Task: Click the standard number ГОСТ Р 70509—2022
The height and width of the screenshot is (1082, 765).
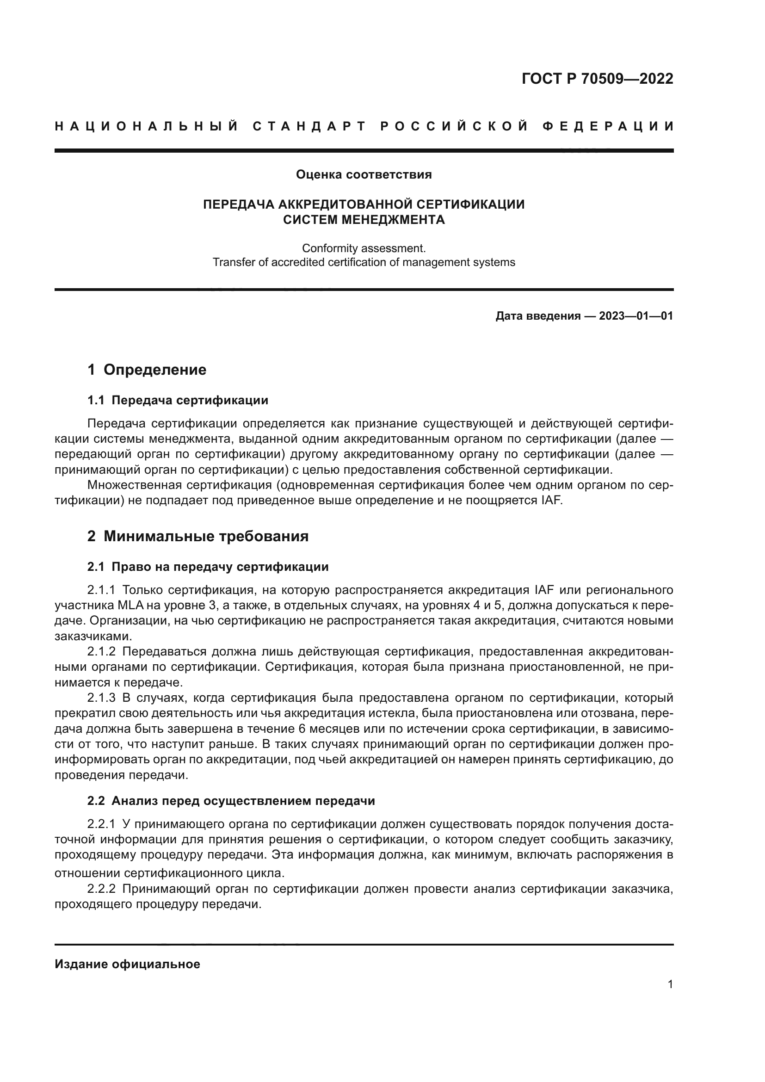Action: point(597,79)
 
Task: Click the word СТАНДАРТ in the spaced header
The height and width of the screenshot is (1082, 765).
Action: point(309,126)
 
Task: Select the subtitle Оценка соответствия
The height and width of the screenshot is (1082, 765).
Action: point(363,175)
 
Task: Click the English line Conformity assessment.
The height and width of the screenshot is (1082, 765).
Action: point(363,248)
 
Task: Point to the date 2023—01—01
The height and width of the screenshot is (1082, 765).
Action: point(635,316)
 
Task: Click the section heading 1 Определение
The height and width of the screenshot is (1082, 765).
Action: point(147,370)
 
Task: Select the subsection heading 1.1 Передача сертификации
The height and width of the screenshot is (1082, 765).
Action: point(178,401)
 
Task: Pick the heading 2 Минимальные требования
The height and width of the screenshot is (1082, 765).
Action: point(198,536)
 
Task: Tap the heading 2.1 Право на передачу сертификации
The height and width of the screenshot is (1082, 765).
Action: point(208,567)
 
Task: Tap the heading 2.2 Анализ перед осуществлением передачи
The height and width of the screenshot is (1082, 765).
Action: point(231,801)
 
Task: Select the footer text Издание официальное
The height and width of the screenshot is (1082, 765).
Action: point(127,964)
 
